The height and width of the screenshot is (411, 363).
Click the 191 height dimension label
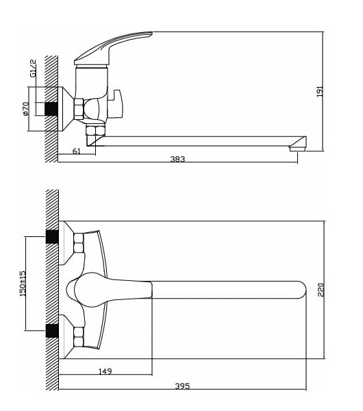[320, 91]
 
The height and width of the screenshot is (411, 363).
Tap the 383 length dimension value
[177, 159]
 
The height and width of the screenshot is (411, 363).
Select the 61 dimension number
[76, 151]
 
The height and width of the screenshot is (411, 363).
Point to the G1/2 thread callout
[33, 68]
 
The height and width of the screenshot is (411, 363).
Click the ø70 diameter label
[26, 108]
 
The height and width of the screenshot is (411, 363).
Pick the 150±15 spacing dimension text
[23, 284]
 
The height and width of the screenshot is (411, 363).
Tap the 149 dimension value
[105, 371]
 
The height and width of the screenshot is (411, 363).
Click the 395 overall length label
[182, 386]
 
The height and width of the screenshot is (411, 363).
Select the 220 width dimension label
[321, 290]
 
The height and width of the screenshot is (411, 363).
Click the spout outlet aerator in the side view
[297, 149]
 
